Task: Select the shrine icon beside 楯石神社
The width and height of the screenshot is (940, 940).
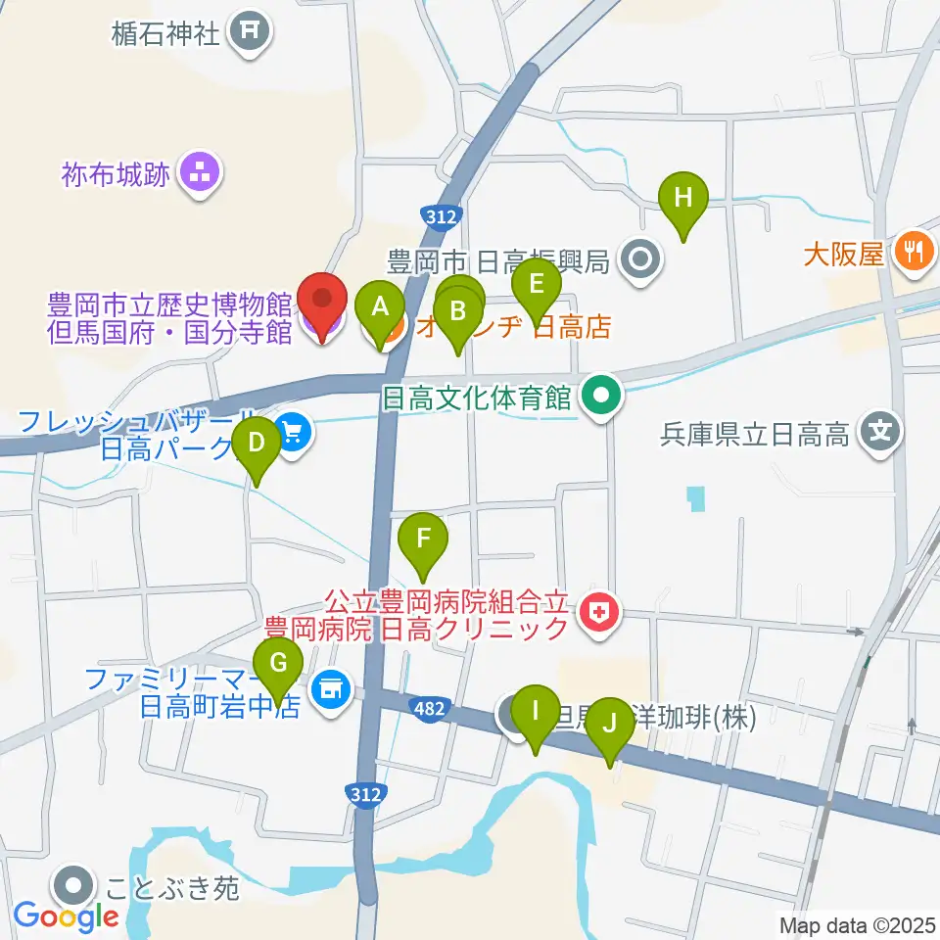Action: (x=249, y=33)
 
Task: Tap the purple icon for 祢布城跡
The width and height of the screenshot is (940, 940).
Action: (x=202, y=175)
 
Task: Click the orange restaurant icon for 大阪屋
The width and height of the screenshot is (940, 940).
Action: (x=912, y=254)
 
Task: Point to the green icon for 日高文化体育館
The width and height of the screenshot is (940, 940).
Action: (x=601, y=397)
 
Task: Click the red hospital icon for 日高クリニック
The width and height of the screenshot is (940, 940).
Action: (x=598, y=614)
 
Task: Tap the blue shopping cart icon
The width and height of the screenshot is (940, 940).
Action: (x=293, y=430)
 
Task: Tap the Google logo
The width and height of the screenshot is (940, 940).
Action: (x=66, y=917)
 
